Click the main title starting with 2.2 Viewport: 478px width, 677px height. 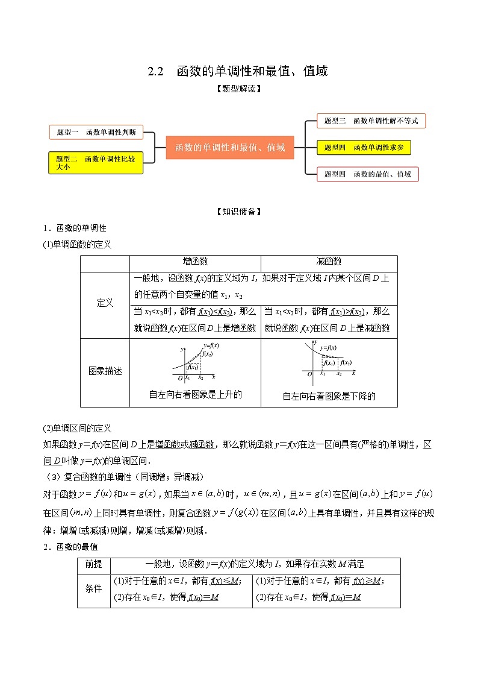(238, 71)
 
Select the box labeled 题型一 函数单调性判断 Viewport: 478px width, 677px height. (96, 132)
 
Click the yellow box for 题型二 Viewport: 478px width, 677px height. (96, 163)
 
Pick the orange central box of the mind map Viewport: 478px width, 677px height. (230, 147)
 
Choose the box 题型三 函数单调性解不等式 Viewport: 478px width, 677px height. (371, 121)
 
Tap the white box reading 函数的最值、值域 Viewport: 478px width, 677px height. (367, 174)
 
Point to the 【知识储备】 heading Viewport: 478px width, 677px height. (238, 212)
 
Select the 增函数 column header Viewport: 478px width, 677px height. (195, 262)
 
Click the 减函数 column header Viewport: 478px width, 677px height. (329, 262)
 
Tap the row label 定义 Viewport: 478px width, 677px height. (105, 303)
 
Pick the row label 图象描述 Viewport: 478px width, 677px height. (105, 371)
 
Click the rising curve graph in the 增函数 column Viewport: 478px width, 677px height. (195, 364)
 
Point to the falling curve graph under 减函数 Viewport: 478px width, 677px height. (329, 364)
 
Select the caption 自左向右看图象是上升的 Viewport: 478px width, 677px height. (195, 395)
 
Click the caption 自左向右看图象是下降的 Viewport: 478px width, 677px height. (329, 396)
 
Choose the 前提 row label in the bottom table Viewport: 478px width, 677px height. (94, 564)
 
